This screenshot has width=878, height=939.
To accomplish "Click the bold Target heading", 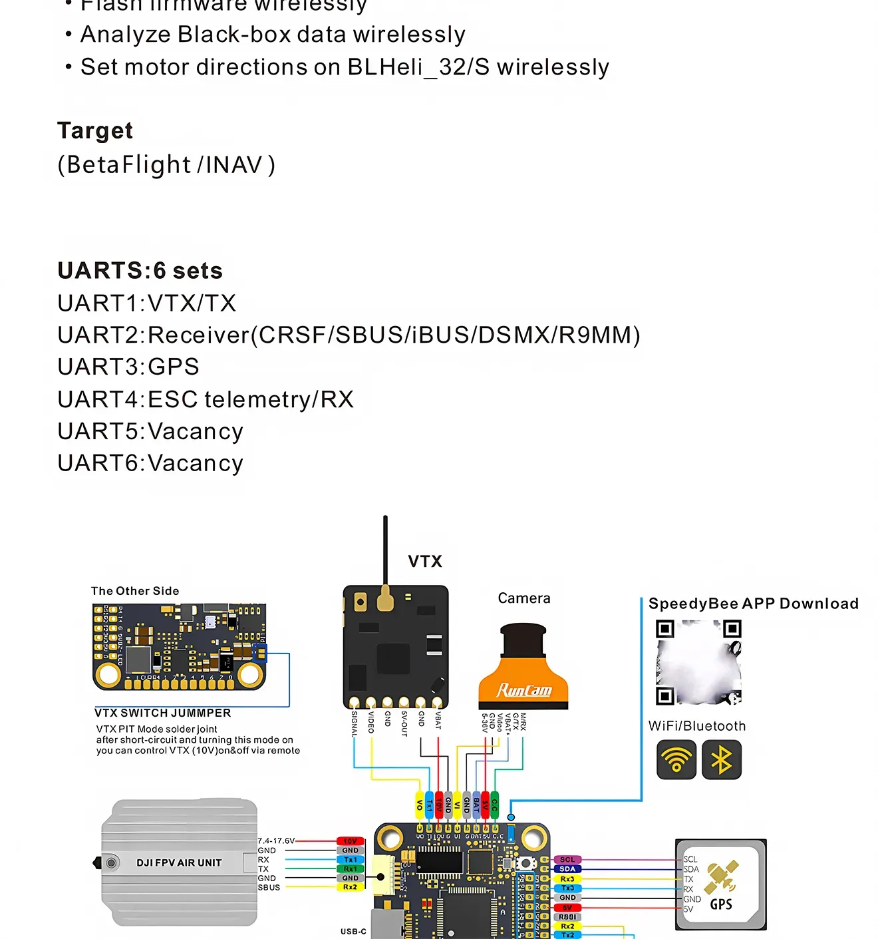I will pos(95,130).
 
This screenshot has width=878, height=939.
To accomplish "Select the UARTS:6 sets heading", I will pos(140,271).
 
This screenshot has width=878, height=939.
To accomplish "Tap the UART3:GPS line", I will pos(128,367).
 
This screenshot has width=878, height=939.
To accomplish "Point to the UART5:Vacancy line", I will pos(150,431).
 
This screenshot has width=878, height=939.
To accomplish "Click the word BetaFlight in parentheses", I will pos(129,164).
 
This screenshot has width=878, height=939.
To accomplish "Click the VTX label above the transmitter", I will pos(425,561).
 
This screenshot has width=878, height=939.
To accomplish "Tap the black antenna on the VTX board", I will pos(385,552).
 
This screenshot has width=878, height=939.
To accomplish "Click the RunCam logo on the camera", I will pos(524,690).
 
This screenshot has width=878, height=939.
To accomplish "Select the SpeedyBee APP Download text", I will pos(754,604).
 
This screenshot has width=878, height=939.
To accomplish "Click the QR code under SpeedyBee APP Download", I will pos(698,662).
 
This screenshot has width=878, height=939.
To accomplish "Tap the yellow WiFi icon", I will pos(676,759).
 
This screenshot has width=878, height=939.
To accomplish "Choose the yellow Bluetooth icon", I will pos(722,759).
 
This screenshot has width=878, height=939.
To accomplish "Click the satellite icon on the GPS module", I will pos(722,878).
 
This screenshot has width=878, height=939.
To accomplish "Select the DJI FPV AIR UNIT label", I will pos(179,862).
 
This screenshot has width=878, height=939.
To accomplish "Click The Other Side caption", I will pos(135,591).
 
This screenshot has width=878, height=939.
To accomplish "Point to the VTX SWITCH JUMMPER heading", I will pos(163,713).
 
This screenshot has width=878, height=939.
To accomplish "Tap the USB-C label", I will pos(353,931).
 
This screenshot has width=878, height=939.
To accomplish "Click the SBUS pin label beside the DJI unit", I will pos(269,887).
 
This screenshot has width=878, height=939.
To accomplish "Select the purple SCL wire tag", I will pos(567,860).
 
